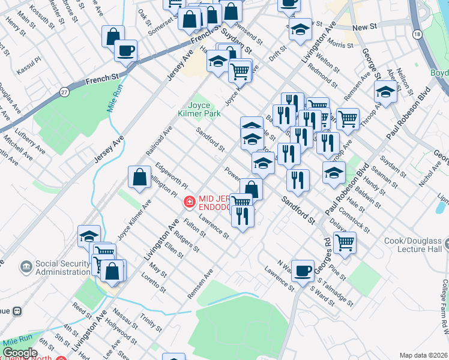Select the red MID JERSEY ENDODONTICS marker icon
[x=189, y=202]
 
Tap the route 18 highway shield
[x=417, y=35]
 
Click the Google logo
[x=20, y=353]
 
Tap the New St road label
[x=364, y=28]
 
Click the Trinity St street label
[x=149, y=323]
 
